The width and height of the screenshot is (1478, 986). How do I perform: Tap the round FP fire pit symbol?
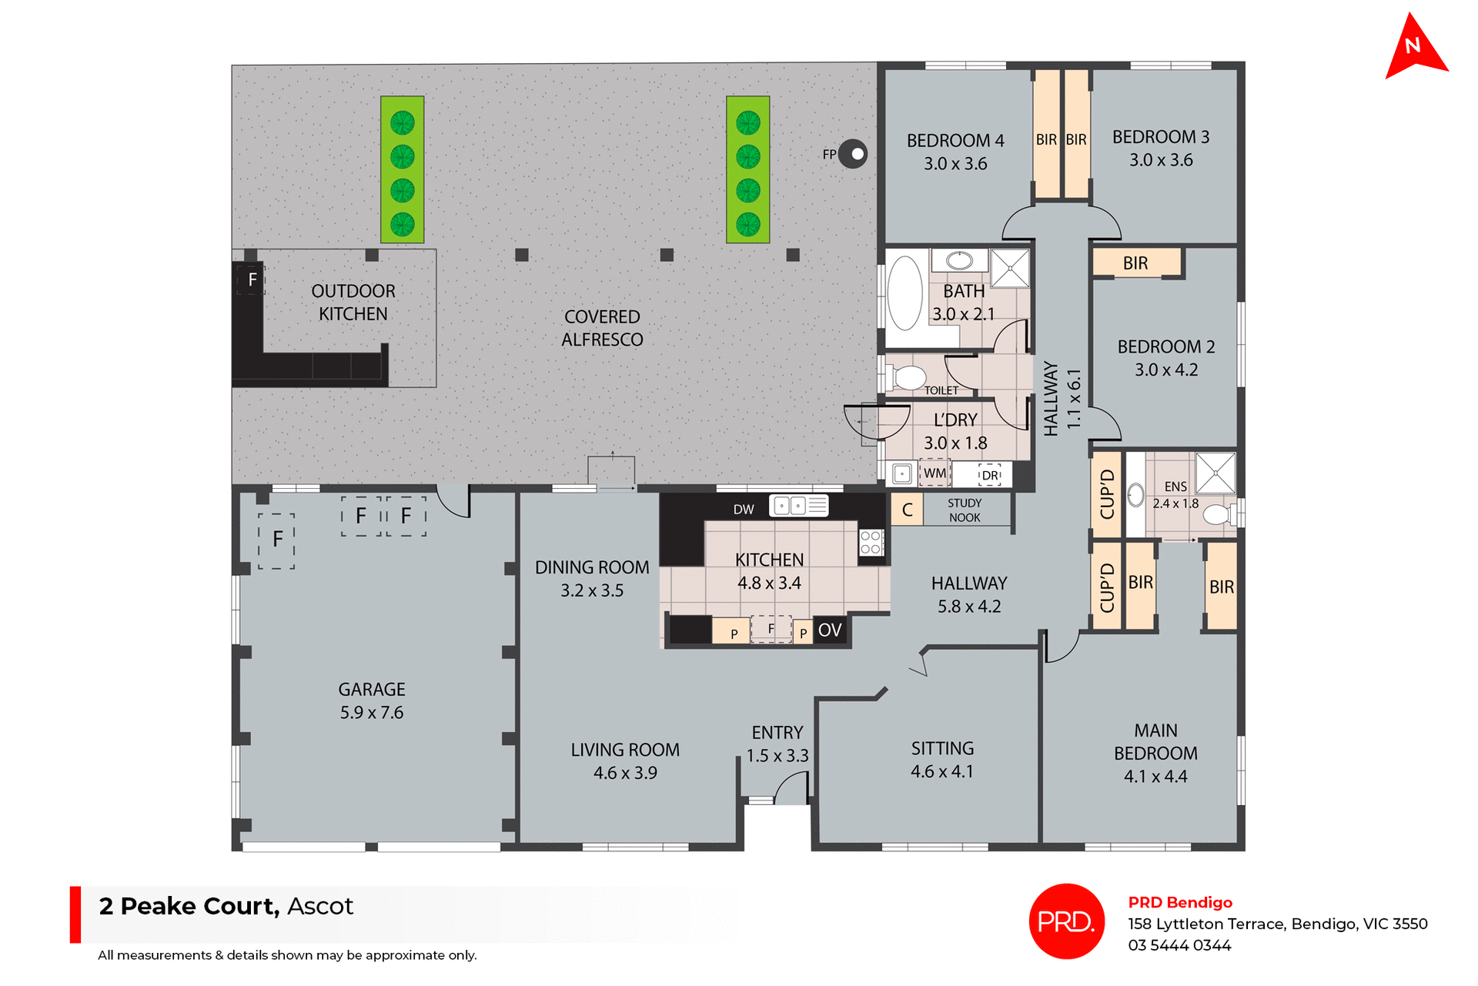(x=853, y=154)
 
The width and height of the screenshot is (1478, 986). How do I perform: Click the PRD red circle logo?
(x=1066, y=921)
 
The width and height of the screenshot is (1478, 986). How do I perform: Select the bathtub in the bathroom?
(x=905, y=293)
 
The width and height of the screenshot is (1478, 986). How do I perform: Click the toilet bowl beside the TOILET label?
(x=909, y=378)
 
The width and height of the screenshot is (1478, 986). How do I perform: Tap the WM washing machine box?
(x=935, y=473)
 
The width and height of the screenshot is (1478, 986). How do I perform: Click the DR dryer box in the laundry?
(x=990, y=475)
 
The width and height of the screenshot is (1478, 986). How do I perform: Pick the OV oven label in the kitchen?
(x=829, y=630)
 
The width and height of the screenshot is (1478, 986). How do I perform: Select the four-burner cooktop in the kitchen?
(x=871, y=542)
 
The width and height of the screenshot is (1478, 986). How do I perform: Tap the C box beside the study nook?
(x=907, y=510)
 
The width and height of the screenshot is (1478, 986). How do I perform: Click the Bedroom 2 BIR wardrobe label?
(x=1135, y=263)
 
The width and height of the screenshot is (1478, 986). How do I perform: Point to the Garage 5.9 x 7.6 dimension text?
(x=372, y=713)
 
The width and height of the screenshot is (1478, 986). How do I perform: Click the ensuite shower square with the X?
(x=1216, y=473)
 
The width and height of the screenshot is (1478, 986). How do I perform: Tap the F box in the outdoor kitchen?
(x=252, y=280)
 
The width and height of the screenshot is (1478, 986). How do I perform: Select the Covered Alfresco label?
(x=602, y=328)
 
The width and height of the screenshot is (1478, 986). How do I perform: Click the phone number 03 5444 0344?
(x=1179, y=945)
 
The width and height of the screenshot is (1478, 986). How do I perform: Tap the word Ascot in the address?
(x=319, y=906)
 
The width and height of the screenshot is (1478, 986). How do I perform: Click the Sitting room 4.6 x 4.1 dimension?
(x=942, y=771)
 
